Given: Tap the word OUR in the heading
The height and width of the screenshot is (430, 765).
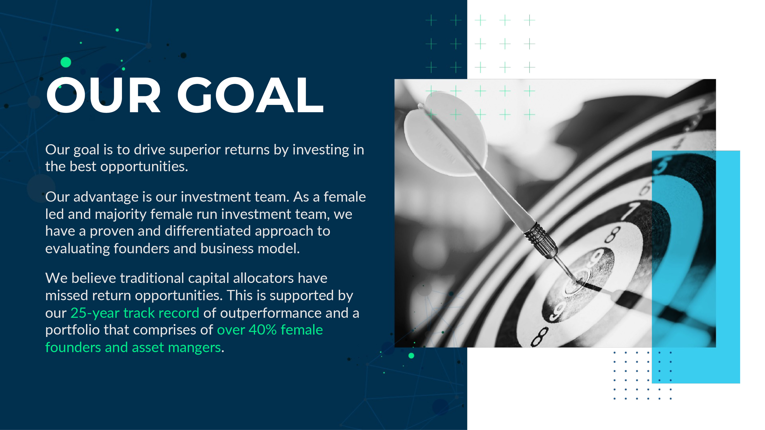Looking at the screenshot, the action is [103, 95].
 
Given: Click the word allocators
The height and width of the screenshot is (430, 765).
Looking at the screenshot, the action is [263, 278].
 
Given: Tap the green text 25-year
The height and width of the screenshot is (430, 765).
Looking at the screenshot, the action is [95, 313].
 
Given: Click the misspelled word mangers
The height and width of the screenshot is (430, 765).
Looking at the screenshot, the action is [194, 348].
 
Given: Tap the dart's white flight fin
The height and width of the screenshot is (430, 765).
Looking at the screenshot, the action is [446, 134].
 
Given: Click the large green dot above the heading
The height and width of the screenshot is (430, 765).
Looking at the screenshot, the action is [66, 62].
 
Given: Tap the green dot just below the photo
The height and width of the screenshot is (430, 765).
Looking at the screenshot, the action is [411, 356].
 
